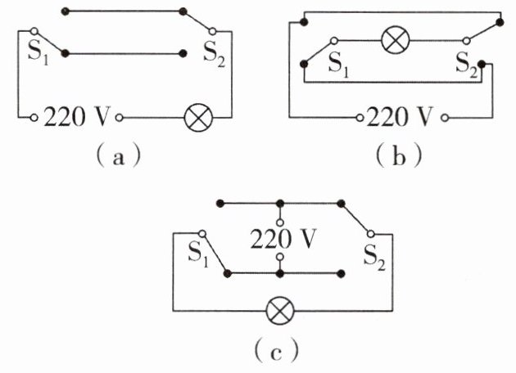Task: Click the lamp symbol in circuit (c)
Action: click(281, 310)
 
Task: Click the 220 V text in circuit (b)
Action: click(401, 117)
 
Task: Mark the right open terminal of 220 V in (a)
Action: click(120, 118)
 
